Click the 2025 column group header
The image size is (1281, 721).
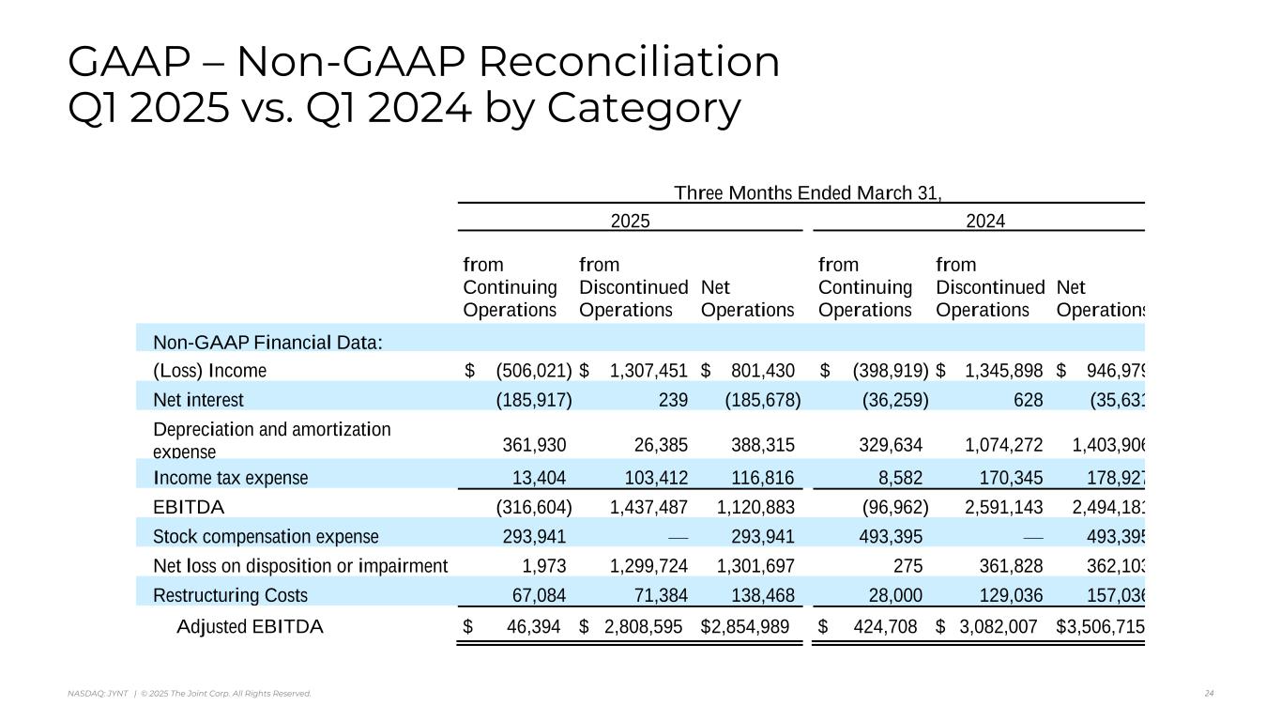pyautogui.click(x=630, y=221)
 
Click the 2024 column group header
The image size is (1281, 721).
pyautogui.click(x=985, y=221)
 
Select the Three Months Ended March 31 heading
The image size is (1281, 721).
pyautogui.click(x=807, y=193)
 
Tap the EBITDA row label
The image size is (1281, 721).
pyautogui.click(x=188, y=507)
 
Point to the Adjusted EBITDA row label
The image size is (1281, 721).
pyautogui.click(x=250, y=626)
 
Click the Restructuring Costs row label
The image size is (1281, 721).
pyautogui.click(x=230, y=595)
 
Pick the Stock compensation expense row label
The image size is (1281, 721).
pyautogui.click(x=266, y=537)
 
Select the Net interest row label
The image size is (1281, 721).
pyautogui.click(x=198, y=400)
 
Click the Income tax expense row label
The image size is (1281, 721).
pyautogui.click(x=230, y=478)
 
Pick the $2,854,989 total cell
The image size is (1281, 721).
pyautogui.click(x=745, y=626)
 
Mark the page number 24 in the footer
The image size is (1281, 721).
pyautogui.click(x=1209, y=694)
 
